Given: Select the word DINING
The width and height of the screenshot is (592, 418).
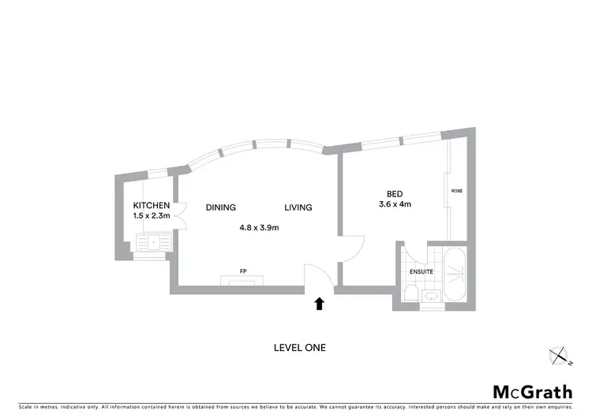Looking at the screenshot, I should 221,207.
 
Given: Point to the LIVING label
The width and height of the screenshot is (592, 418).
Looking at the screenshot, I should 298,207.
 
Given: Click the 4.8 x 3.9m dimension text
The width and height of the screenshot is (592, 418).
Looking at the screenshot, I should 260,228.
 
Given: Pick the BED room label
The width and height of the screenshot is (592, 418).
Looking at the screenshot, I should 394,195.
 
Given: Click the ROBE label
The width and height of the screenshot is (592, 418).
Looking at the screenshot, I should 456,191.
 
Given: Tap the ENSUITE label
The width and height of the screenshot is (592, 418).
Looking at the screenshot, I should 421,272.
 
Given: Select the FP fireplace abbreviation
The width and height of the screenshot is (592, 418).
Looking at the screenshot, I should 243,271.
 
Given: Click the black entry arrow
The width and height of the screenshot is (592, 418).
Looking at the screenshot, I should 319,304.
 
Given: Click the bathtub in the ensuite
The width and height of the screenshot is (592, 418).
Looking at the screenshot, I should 455,275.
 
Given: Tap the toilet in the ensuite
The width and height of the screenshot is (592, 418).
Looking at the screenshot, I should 409,293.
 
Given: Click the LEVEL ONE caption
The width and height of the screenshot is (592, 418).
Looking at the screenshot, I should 299,347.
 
